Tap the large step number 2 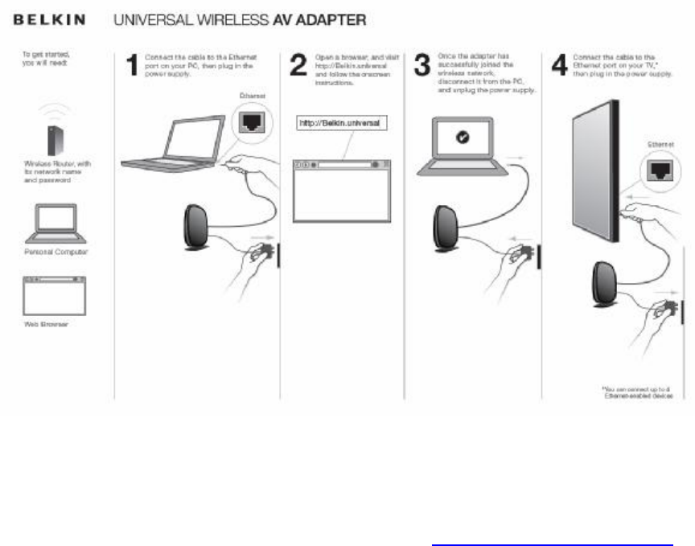click(x=298, y=64)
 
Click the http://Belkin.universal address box click(x=342, y=123)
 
